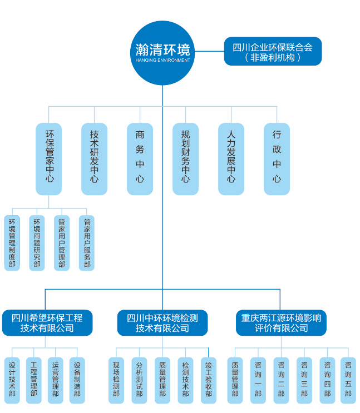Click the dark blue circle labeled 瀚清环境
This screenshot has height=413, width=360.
pyautogui.click(x=162, y=53)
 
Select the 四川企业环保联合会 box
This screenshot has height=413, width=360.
pyautogui.click(x=273, y=52)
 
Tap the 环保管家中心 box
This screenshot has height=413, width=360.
pyautogui.click(x=49, y=158)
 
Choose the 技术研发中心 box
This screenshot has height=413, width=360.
pyautogui.click(x=94, y=158)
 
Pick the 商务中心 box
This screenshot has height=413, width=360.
pyautogui.click(x=140, y=158)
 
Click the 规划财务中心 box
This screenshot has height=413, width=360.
pyautogui.click(x=185, y=158)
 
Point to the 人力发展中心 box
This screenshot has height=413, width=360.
pyautogui.click(x=231, y=158)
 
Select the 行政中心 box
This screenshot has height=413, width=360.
pyautogui.click(x=277, y=158)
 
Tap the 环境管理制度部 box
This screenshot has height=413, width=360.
pyautogui.click(x=12, y=243)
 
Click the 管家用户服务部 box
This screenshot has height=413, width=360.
pyautogui.click(x=87, y=243)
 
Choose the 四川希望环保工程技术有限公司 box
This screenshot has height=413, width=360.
pyautogui.click(x=47, y=323)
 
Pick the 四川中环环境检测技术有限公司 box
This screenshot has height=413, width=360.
pyautogui.click(x=162, y=323)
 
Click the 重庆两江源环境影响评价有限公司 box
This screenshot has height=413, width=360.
pyautogui.click(x=281, y=323)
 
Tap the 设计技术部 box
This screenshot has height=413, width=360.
pyautogui.click(x=12, y=380)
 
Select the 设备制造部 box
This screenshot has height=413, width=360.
pyautogui.click(x=77, y=380)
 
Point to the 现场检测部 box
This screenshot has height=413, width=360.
pyautogui.click(x=116, y=380)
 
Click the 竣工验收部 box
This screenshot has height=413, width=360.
pyautogui.click(x=208, y=380)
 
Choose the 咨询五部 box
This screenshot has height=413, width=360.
pyautogui.click(x=348, y=380)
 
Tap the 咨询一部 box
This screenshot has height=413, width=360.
pyautogui.click(x=258, y=380)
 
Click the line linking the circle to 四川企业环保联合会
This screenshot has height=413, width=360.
pyautogui.click(x=209, y=51)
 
